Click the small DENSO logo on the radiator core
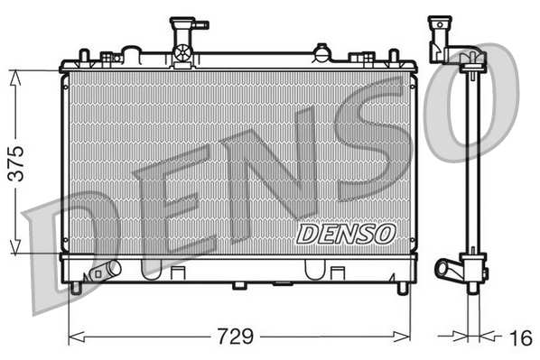[x=347, y=234]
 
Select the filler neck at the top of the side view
[x=442, y=34]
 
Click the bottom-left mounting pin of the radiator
[x=77, y=288]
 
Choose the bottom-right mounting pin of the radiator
[x=402, y=288]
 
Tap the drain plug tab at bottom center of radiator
[x=239, y=286]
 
